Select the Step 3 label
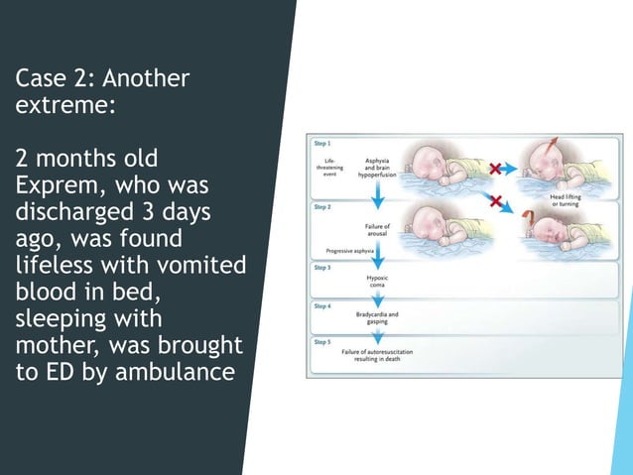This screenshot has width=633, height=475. [323, 268]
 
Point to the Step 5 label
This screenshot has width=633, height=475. [323, 342]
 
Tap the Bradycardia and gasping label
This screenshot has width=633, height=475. [377, 318]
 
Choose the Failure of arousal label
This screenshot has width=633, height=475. [377, 230]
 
